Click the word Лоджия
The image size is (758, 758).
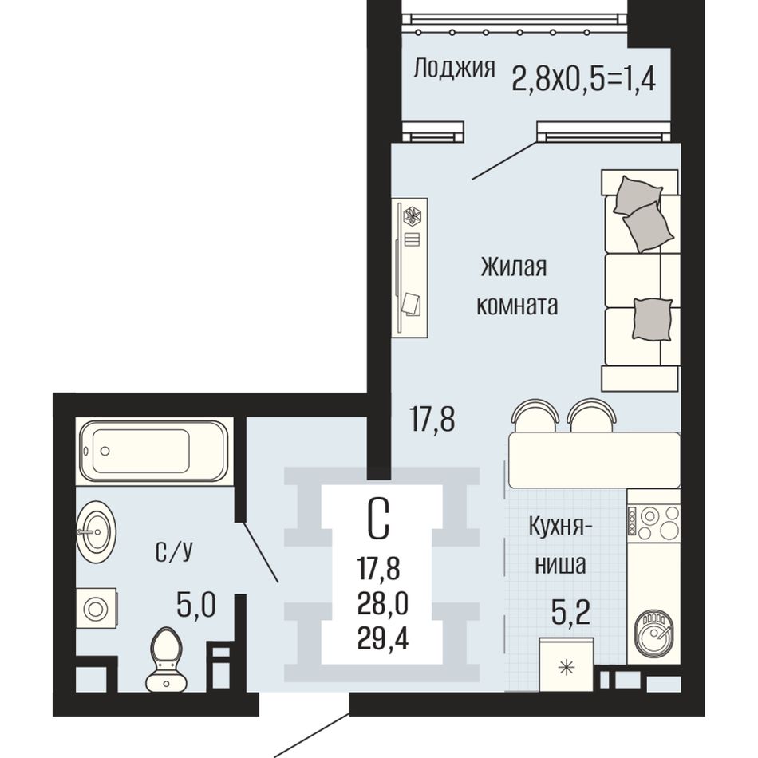pos(455,68)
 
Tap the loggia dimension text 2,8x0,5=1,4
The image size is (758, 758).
pos(583,78)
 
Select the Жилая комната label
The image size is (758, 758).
pos(517,286)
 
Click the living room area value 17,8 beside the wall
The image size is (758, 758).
pos(432,419)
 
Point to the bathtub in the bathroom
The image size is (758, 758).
pos(154,451)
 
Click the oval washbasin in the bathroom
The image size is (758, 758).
pos(96,531)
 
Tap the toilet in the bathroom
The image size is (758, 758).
pos(166,659)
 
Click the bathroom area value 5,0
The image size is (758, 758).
pos(195,606)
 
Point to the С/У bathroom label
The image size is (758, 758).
pos(174,552)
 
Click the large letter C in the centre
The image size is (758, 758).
pos(378,519)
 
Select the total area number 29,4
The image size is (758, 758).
pos(383,640)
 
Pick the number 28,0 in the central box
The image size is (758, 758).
pos(383,604)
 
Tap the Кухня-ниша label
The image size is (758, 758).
pos(561,545)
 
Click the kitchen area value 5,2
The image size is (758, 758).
pos(570,614)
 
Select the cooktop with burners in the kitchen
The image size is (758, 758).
pos(653,522)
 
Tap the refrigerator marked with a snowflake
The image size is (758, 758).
pos(566,665)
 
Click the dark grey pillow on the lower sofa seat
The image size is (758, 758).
pos(652,319)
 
